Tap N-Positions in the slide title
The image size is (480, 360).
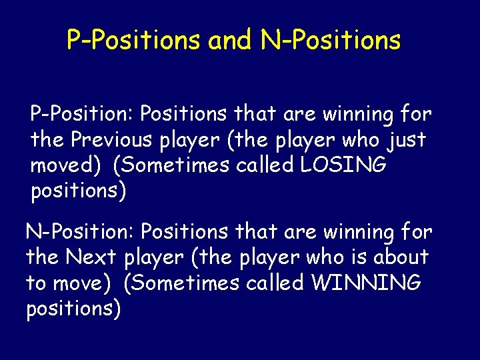(331, 40)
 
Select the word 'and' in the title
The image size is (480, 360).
(230, 40)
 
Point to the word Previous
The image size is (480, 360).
(119, 140)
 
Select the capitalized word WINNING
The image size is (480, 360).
(366, 283)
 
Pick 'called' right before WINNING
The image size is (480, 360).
(273, 283)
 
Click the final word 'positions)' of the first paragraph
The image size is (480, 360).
(78, 191)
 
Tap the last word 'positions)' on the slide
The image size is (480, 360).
(73, 309)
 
